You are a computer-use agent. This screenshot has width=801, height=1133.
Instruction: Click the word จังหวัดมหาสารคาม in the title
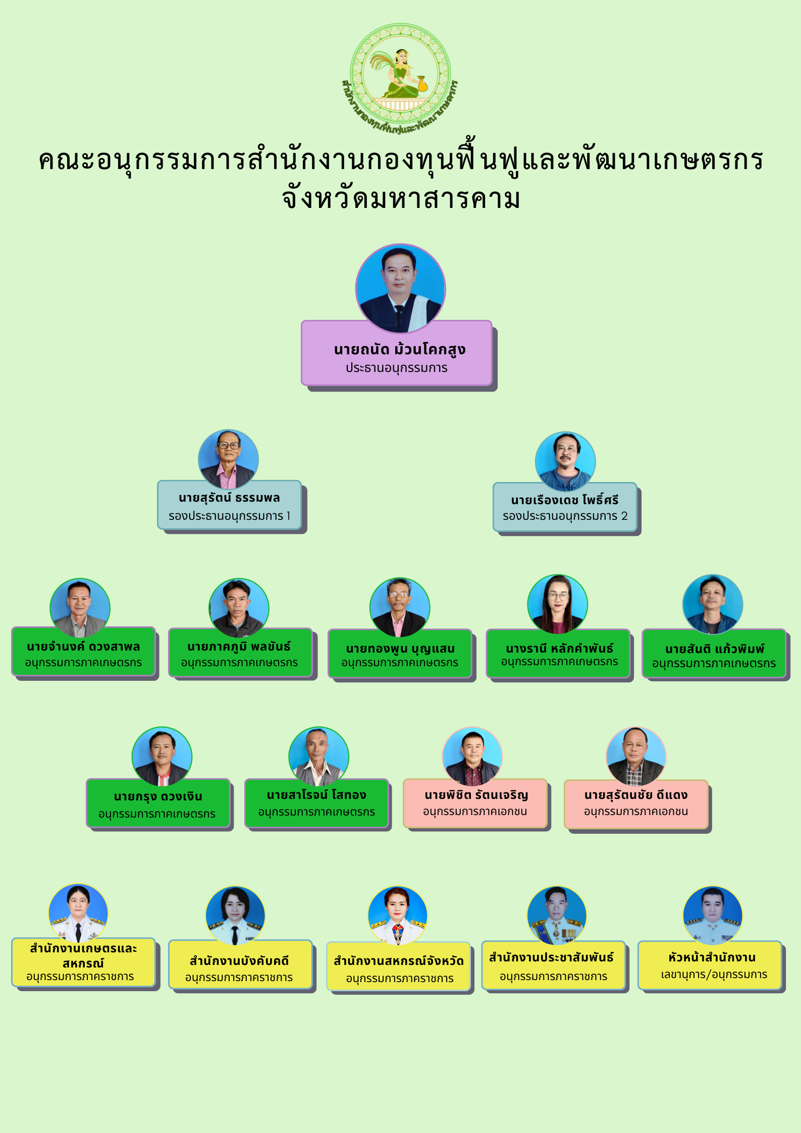(x=401, y=198)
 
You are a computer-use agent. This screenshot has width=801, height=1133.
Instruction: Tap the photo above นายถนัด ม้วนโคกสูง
(x=400, y=288)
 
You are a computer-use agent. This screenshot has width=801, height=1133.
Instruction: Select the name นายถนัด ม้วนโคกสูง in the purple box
(x=399, y=349)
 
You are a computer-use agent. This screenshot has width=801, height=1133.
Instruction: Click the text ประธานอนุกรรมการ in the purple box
(x=396, y=368)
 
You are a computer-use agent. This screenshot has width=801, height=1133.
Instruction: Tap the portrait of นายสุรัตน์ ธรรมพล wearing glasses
(x=228, y=459)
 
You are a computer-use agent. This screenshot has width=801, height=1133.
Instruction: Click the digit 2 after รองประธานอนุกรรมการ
(x=624, y=516)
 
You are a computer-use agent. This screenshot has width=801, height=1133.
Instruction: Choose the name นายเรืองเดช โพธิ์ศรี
(x=564, y=500)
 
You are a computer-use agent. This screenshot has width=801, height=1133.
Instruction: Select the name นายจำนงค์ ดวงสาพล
(x=83, y=646)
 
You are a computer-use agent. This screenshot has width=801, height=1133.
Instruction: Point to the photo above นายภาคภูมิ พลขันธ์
(x=239, y=607)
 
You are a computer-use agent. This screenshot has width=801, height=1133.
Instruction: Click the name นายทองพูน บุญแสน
(x=400, y=649)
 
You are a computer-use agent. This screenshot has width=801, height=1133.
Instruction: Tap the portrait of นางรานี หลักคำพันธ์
(x=557, y=604)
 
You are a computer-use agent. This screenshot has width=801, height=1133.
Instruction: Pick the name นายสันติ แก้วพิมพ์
(x=714, y=649)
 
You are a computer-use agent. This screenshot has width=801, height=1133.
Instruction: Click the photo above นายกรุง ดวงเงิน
(x=162, y=756)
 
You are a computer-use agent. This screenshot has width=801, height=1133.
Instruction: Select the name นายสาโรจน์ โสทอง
(x=316, y=795)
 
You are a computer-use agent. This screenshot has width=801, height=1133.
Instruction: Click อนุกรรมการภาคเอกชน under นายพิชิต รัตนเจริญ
(x=474, y=812)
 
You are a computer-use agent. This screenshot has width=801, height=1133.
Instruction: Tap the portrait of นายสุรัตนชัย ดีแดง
(x=636, y=756)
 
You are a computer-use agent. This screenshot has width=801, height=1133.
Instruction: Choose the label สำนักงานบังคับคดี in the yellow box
(x=239, y=961)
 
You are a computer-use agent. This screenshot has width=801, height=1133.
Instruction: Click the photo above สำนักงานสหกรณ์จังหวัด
(x=397, y=915)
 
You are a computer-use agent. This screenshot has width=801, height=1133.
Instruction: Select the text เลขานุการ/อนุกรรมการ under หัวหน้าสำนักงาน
(x=714, y=975)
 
